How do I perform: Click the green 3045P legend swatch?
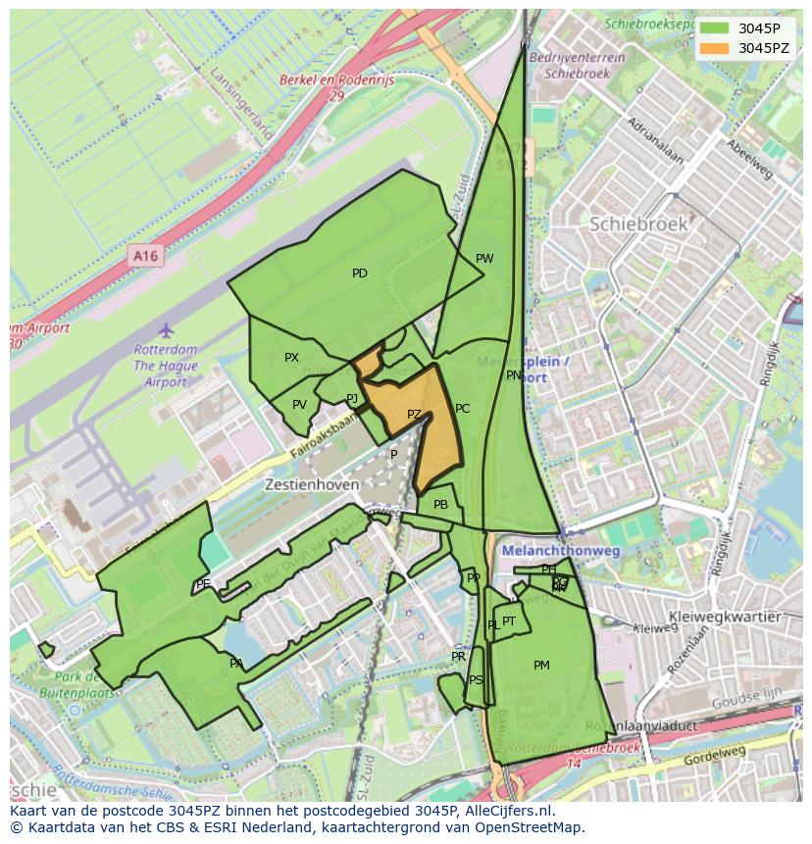[715, 27]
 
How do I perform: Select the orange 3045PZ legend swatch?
[715, 48]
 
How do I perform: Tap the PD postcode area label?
[360, 273]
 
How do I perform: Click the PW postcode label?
[484, 259]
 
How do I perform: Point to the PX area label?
[291, 358]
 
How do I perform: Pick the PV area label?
[299, 405]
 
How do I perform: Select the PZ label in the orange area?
[414, 415]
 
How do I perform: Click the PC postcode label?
[462, 409]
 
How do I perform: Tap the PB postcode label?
[440, 505]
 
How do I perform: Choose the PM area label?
[541, 666]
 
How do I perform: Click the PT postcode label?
[509, 621]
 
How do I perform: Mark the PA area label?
[236, 664]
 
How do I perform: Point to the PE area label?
[203, 584]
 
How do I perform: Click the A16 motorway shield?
[145, 256]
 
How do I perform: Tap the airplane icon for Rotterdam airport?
[166, 329]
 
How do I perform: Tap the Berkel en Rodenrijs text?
[336, 81]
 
